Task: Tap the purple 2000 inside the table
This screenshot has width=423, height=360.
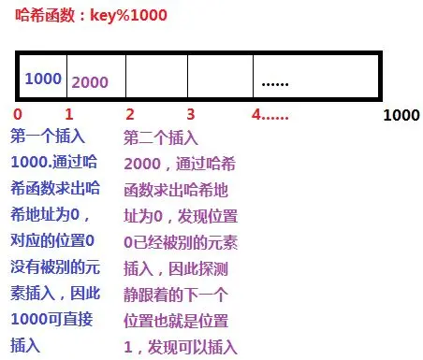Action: click(x=90, y=81)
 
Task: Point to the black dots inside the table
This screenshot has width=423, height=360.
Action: click(x=275, y=82)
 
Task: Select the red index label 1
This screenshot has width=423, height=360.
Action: click(x=68, y=115)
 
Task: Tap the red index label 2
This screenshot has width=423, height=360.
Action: click(x=129, y=115)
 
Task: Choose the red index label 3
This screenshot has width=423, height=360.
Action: click(x=191, y=115)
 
